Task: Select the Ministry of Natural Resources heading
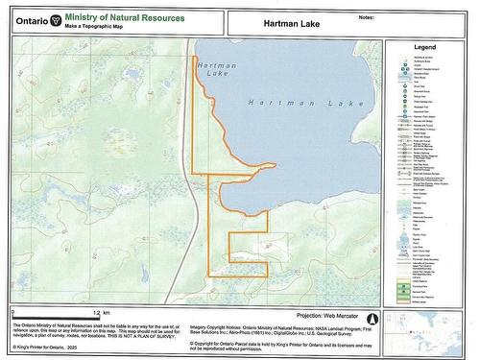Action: tap(116, 17)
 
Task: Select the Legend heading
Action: tap(425, 46)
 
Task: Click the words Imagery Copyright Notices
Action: tap(219, 325)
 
